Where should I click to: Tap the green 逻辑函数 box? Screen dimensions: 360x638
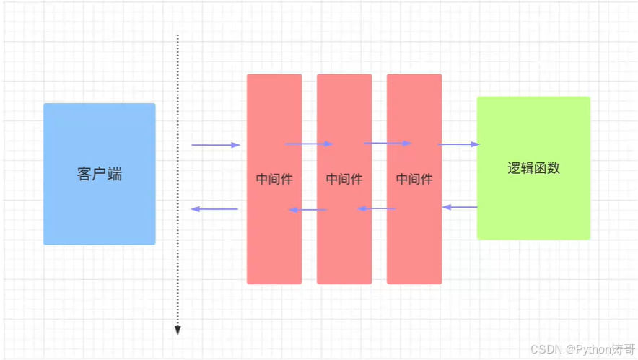pyautogui.click(x=533, y=209)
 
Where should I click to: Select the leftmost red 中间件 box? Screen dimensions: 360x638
pyautogui.click(x=274, y=245)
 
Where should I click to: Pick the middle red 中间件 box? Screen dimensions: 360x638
pyautogui.click(x=344, y=245)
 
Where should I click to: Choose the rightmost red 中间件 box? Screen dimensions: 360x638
pyautogui.click(x=414, y=245)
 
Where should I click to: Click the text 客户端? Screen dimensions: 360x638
pyautogui.click(x=99, y=174)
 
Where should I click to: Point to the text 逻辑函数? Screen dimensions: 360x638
pyautogui.click(x=533, y=169)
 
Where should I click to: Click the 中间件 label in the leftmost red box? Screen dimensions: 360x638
pyautogui.click(x=274, y=179)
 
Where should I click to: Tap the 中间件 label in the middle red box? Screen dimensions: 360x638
pyautogui.click(x=344, y=179)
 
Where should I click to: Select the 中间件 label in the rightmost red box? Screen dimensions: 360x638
pyautogui.click(x=414, y=179)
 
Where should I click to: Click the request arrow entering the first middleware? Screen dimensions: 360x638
pyautogui.click(x=215, y=145)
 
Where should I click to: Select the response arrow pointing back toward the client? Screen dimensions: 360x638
pyautogui.click(x=214, y=209)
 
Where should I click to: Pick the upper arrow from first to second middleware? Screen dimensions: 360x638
pyautogui.click(x=309, y=144)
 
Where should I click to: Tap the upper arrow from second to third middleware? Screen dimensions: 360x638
pyautogui.click(x=387, y=143)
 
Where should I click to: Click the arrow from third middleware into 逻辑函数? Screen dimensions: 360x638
pyautogui.click(x=458, y=144)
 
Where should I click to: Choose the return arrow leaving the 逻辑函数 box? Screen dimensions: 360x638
pyautogui.click(x=460, y=207)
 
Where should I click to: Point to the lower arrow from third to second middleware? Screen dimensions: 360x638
pyautogui.click(x=377, y=208)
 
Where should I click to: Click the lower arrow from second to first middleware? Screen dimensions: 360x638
pyautogui.click(x=307, y=210)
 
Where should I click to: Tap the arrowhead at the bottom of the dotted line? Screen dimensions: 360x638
pyautogui.click(x=178, y=331)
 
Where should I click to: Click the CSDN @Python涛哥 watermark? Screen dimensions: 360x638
pyautogui.click(x=582, y=349)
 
